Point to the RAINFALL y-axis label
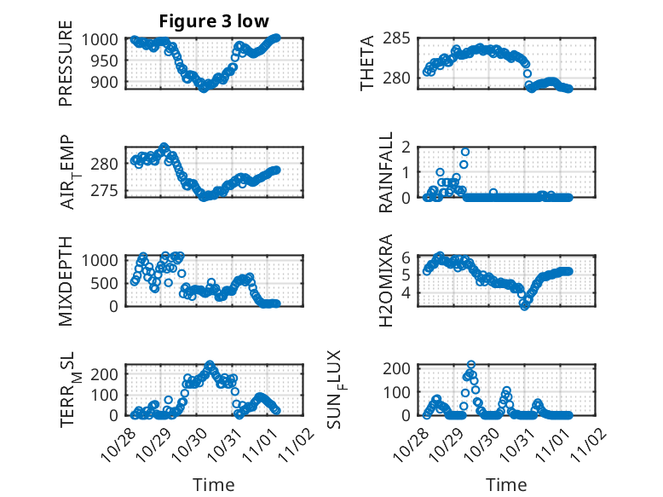386,172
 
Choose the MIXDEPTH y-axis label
66,280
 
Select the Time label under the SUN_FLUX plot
506,484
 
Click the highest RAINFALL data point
465,151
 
